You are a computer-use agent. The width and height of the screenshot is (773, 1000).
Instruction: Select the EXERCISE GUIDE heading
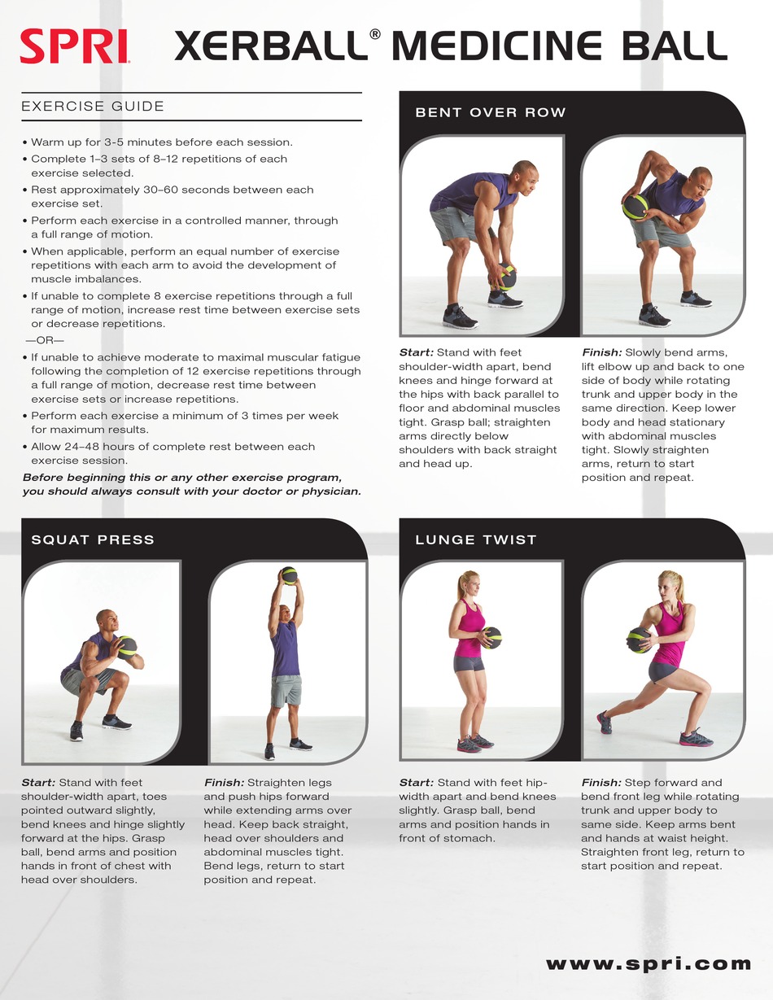click(93, 107)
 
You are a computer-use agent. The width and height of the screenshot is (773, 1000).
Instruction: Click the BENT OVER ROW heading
click(490, 112)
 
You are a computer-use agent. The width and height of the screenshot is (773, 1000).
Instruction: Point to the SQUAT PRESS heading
click(92, 539)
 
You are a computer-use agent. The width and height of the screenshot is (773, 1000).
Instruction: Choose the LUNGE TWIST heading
click(475, 539)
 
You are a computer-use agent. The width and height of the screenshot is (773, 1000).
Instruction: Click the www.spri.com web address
click(648, 963)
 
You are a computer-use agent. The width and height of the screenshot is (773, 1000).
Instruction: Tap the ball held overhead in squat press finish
click(288, 575)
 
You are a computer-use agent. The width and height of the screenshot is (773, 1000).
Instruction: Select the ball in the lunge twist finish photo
click(639, 640)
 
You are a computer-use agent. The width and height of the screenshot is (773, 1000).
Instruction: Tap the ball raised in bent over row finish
click(635, 207)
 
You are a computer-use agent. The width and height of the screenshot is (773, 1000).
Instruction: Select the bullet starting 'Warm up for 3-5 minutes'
click(158, 142)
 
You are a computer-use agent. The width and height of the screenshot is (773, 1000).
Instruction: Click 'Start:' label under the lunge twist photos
click(416, 782)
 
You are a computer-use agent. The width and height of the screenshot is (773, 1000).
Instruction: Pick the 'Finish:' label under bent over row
click(601, 352)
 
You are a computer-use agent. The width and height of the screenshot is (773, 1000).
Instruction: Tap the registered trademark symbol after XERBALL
click(374, 35)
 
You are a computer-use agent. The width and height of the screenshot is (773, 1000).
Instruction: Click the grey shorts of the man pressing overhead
click(286, 690)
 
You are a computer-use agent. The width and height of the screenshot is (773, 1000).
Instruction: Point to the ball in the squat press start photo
click(127, 647)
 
